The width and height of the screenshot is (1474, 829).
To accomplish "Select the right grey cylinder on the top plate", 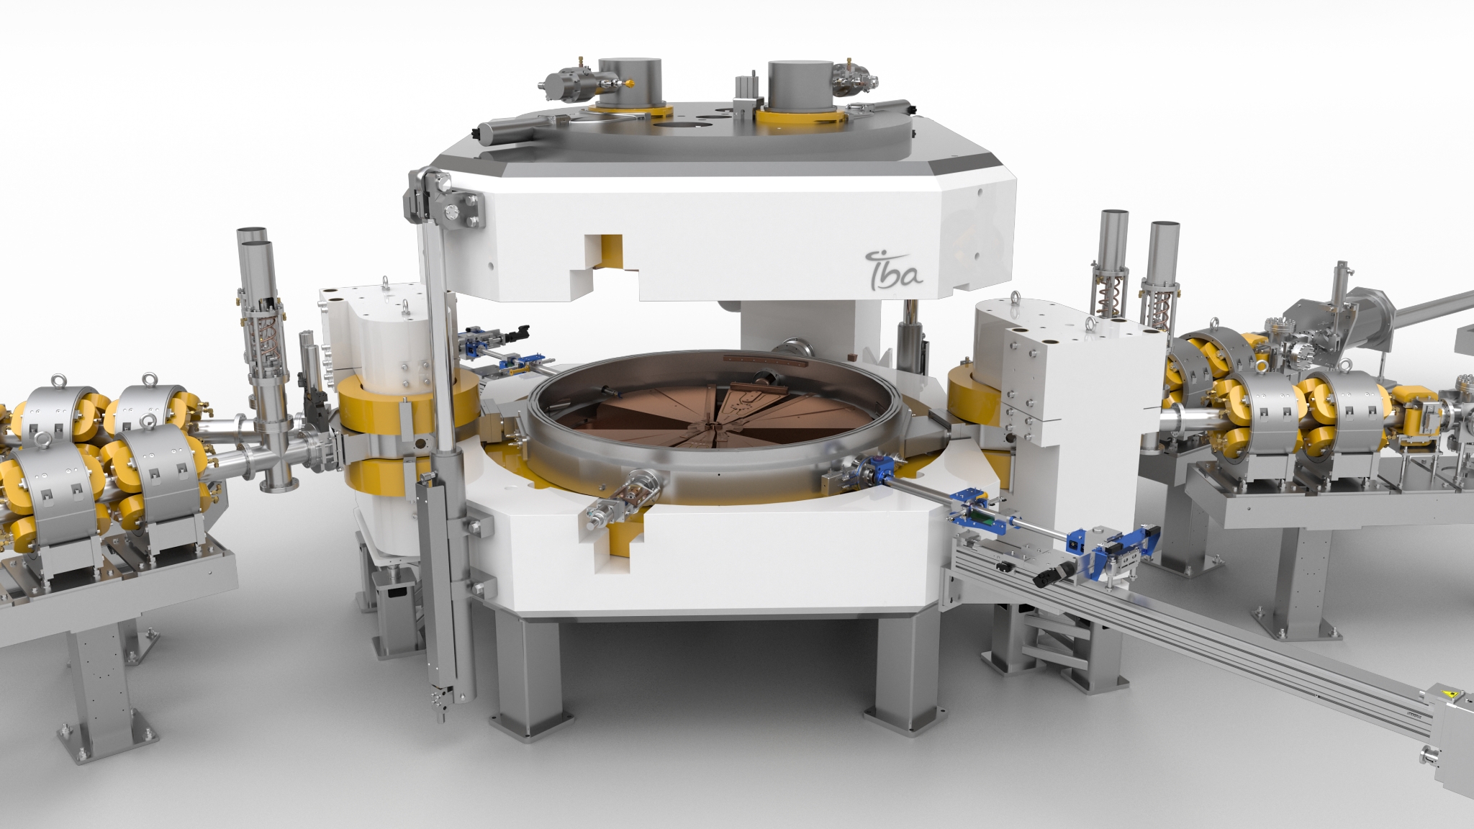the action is pos(801,86).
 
